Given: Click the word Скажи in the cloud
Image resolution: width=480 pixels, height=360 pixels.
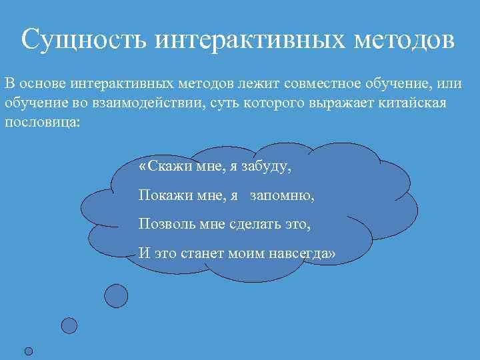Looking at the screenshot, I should [x=169, y=167].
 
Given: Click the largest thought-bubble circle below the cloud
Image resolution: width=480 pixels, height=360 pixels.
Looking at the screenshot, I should [x=117, y=295].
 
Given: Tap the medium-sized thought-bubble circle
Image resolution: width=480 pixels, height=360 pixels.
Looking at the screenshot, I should [x=69, y=325].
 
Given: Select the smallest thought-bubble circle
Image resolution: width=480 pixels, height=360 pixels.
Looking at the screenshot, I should [x=28, y=351].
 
